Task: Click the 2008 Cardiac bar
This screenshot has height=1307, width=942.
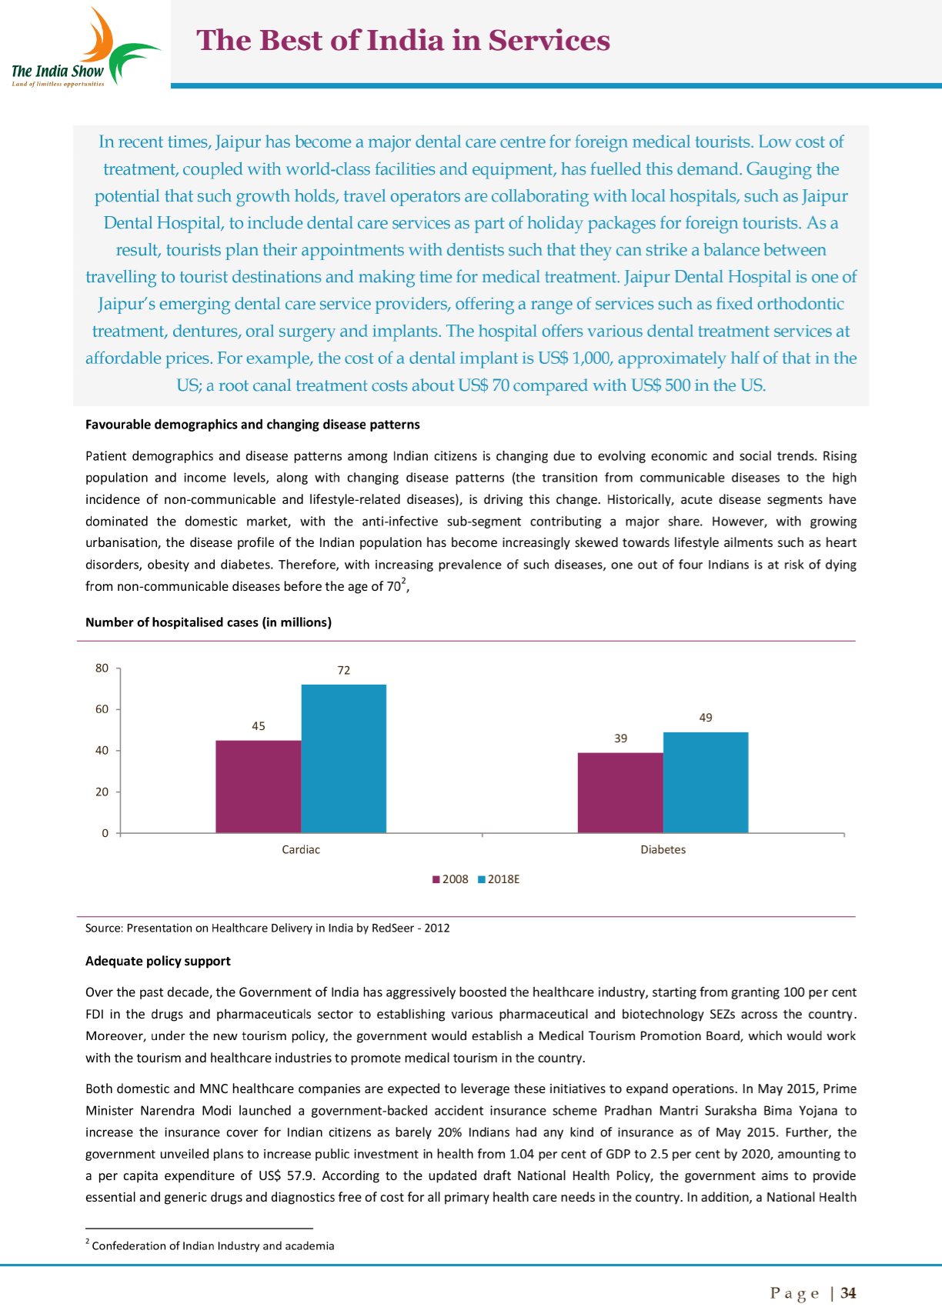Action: tap(258, 786)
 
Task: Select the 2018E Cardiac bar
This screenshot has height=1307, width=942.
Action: tap(343, 759)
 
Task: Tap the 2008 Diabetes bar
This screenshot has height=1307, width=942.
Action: tap(620, 792)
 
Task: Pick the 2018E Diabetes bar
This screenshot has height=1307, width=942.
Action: tap(705, 782)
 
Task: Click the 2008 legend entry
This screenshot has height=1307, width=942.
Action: tap(450, 879)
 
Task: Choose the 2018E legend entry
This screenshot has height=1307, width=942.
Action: tap(499, 879)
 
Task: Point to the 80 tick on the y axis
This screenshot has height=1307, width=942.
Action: tap(102, 668)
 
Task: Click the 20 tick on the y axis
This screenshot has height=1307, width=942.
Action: tap(102, 792)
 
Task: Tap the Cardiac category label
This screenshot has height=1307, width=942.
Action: tap(300, 849)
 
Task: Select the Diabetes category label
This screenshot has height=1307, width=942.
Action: tap(663, 849)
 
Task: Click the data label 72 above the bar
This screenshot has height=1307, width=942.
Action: tap(343, 671)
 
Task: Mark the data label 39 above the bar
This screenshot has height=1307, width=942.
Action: tap(620, 739)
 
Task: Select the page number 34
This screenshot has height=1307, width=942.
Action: tap(848, 1293)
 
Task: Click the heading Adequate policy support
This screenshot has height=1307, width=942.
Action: tap(158, 961)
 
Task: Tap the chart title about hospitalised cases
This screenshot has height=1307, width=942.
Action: tap(208, 622)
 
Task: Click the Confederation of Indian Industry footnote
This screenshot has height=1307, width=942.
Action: tap(212, 1245)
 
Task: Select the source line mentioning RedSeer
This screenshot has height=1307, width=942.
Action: tap(267, 928)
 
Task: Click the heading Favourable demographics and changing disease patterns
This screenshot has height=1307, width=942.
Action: tap(252, 425)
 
